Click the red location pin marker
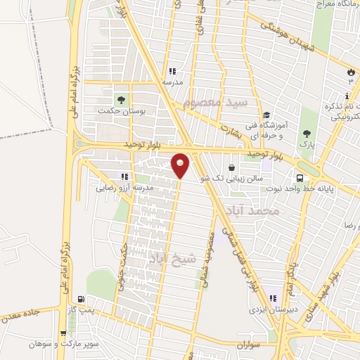pos(181,165)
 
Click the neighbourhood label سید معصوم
pos(216,103)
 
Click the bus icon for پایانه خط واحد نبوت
pos(301,178)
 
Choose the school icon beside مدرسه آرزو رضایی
pos(124,176)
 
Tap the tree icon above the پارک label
pos(306,133)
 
